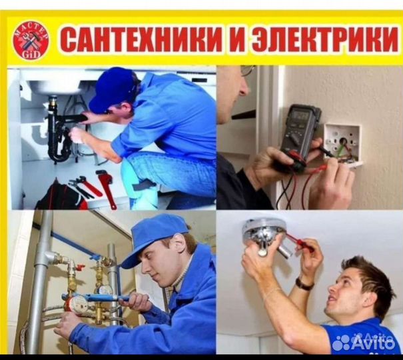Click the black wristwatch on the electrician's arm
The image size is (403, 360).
pos(304,284)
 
